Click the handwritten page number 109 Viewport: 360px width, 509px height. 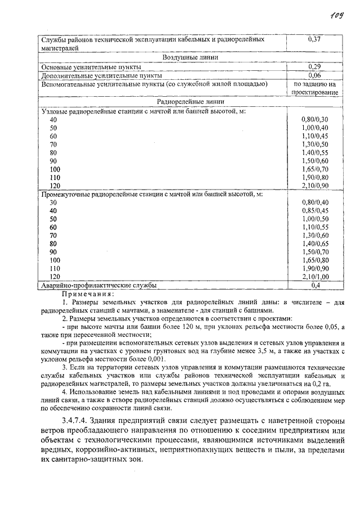click(x=337, y=13)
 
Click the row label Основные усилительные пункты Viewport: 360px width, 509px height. click(x=91, y=66)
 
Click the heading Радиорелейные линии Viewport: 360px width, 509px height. click(x=191, y=102)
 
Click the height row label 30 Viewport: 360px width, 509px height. click(x=53, y=202)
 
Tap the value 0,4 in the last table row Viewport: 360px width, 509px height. click(x=315, y=286)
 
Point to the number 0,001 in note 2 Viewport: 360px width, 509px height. click(x=152, y=359)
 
